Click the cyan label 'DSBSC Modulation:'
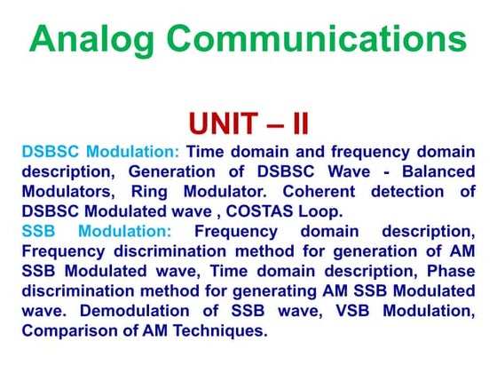pos(101,152)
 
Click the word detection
pos(414,192)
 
